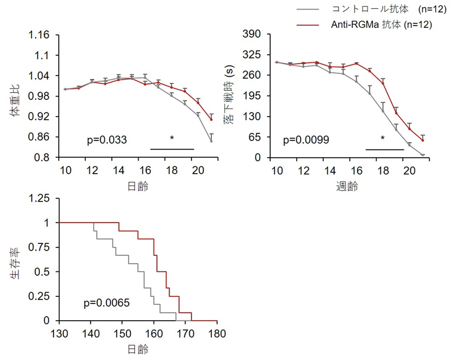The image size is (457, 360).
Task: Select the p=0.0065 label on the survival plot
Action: coord(107,303)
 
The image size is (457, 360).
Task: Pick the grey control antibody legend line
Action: coord(311,10)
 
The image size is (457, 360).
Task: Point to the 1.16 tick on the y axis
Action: coord(39,35)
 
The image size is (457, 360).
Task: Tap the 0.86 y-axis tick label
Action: coord(39,137)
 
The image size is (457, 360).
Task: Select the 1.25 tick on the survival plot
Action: coord(40,199)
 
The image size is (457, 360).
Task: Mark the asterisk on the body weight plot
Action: coord(172,139)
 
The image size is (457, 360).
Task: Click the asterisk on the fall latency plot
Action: coord(382,139)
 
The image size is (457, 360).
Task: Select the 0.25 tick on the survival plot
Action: coord(40,296)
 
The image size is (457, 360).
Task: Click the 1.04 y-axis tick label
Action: coord(39,76)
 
